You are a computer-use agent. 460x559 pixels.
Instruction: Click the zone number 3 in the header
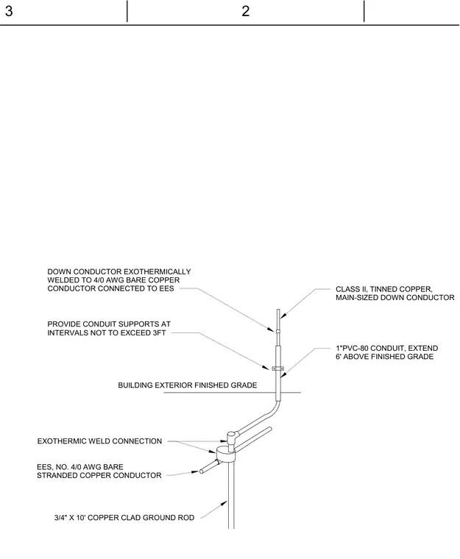point(9,11)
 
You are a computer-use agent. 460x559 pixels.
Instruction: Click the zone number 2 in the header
point(245,11)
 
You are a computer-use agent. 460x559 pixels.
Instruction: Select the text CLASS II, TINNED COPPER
point(383,289)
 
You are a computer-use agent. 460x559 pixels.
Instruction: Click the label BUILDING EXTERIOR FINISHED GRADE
point(188,385)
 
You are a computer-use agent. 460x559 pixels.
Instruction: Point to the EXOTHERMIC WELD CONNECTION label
point(99,441)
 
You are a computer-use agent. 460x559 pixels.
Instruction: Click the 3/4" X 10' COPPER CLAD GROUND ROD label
point(124,518)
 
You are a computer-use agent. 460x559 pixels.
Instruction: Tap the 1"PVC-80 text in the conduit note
point(353,349)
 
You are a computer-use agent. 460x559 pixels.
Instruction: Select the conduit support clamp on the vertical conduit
point(278,368)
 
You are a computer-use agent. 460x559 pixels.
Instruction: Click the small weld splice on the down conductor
point(278,332)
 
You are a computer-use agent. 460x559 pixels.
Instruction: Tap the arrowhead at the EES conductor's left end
point(195,471)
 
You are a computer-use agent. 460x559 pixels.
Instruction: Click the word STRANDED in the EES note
point(56,476)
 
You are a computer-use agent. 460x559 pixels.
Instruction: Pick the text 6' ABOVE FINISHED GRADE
point(384,357)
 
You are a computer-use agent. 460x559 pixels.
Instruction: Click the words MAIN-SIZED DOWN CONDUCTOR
point(395,298)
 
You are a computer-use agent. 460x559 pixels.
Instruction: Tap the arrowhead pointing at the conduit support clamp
point(265,367)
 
